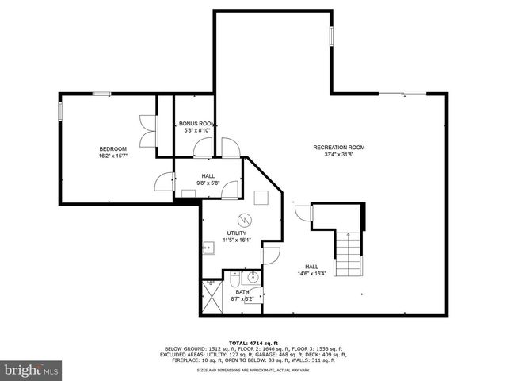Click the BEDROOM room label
[x=112, y=148]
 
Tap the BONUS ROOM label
[x=197, y=124]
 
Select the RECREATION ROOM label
[x=338, y=147]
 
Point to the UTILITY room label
[x=236, y=233]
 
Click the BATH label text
[x=241, y=291]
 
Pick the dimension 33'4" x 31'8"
[x=338, y=155]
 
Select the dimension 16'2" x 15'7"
[x=112, y=156]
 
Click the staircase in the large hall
[x=347, y=253]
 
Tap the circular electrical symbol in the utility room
[x=245, y=219]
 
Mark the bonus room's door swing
[x=204, y=148]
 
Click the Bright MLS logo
[x=32, y=370]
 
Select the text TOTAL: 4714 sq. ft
[x=253, y=341]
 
